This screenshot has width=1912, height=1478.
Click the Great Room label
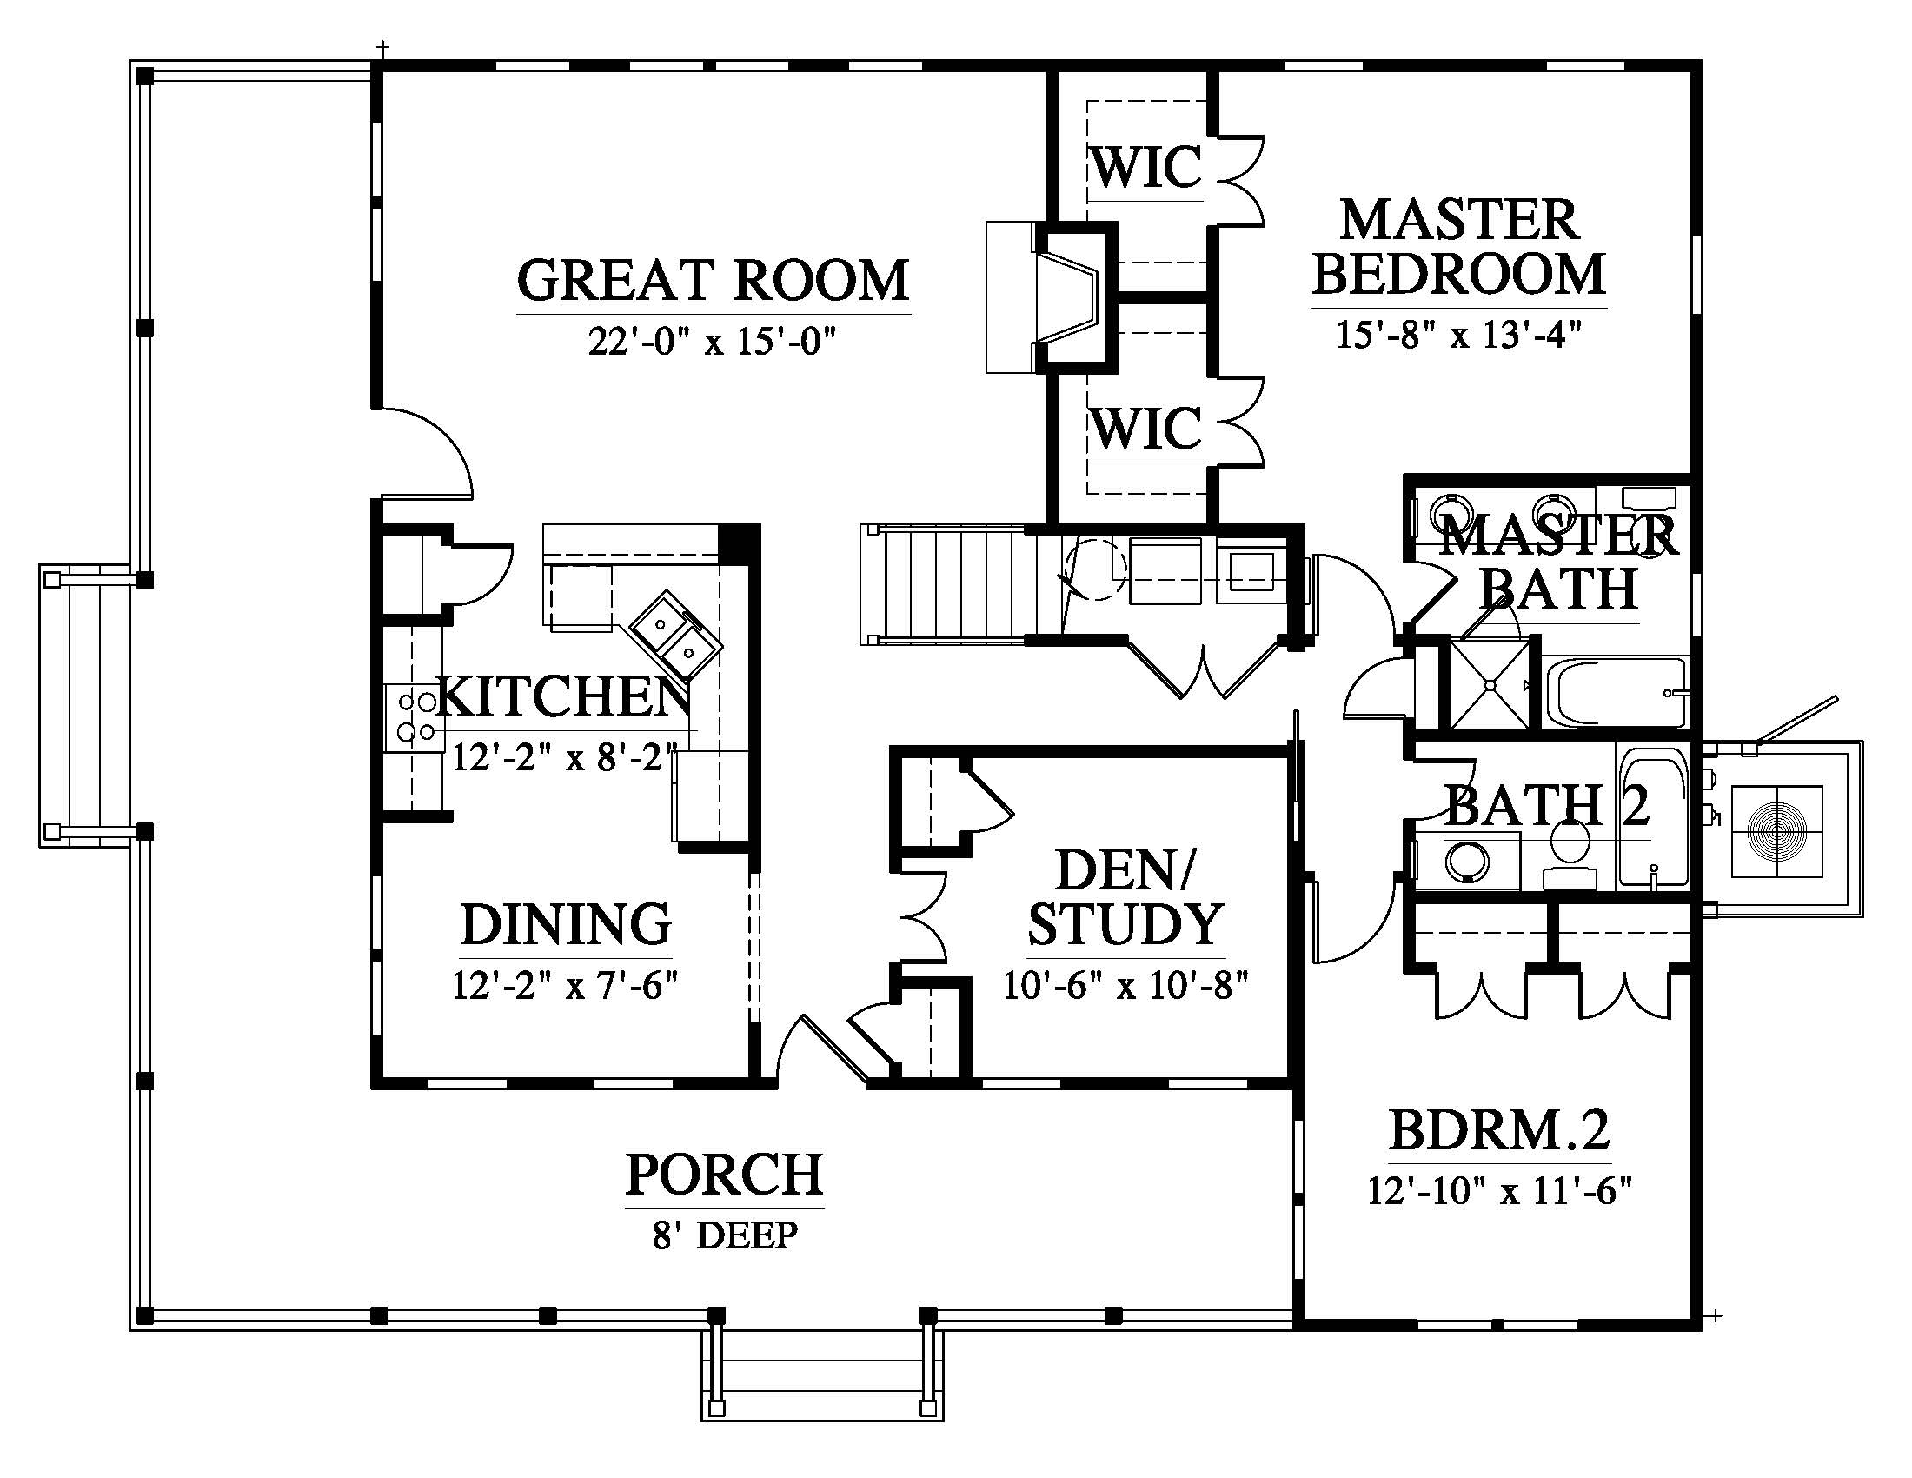pos(714,280)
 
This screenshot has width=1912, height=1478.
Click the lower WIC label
pos(1147,428)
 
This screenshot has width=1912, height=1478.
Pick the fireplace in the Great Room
pos(1051,296)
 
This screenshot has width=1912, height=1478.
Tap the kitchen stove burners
pos(415,716)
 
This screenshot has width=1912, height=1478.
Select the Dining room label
pos(566,925)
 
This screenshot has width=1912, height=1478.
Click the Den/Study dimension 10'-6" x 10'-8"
pos(1125,986)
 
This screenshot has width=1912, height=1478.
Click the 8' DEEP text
pos(725,1235)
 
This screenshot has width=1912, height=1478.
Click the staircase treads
pos(954,584)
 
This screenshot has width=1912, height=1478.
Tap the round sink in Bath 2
pos(1467,861)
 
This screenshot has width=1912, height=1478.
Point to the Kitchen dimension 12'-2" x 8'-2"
pos(566,756)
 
